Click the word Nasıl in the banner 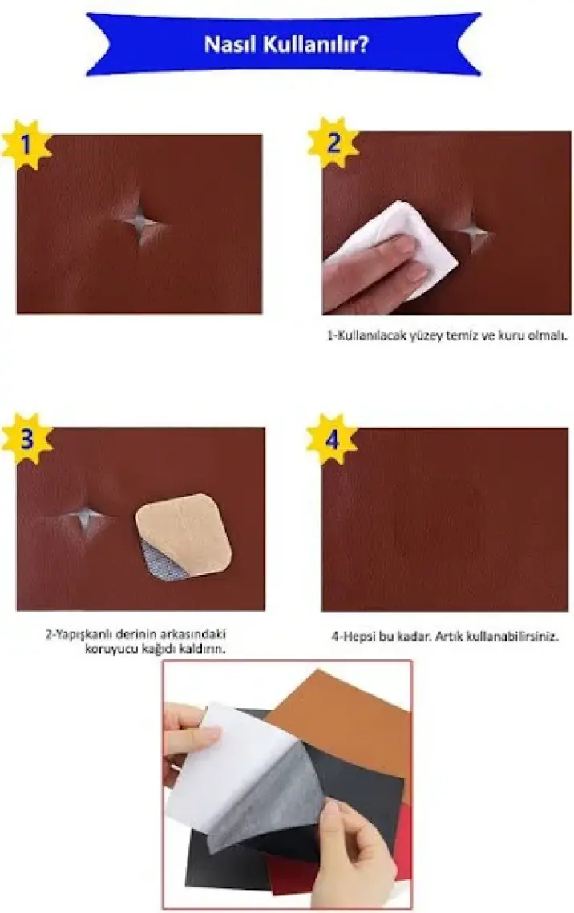point(229,44)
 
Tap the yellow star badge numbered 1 point(25,144)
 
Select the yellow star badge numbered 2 point(333,142)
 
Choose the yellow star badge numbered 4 point(331,440)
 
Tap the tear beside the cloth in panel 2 point(475,232)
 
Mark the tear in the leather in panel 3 point(87,516)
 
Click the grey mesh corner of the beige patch point(163,560)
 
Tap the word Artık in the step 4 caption point(449,637)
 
